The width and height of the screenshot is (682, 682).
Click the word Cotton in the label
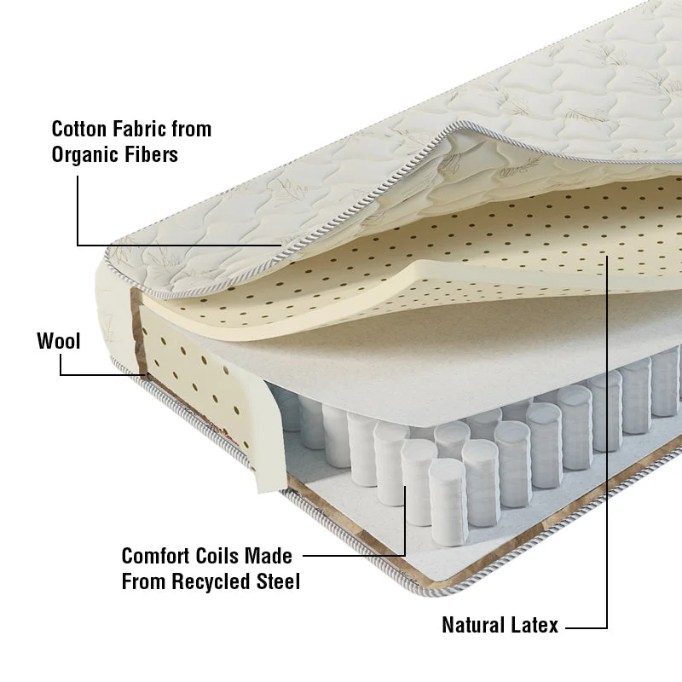[78, 130]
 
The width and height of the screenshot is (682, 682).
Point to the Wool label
[59, 341]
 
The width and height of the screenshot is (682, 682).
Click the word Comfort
[155, 556]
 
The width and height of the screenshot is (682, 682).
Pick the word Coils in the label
[217, 556]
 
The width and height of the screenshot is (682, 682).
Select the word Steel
[279, 581]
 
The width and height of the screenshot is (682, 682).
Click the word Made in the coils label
[268, 556]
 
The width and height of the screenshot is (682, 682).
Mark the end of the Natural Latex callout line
[607, 256]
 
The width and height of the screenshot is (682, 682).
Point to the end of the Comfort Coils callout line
[405, 486]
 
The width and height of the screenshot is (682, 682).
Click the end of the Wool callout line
[146, 374]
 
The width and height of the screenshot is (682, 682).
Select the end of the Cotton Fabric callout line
[282, 246]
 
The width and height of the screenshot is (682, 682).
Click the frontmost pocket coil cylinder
[448, 502]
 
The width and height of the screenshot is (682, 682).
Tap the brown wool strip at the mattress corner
[139, 332]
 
